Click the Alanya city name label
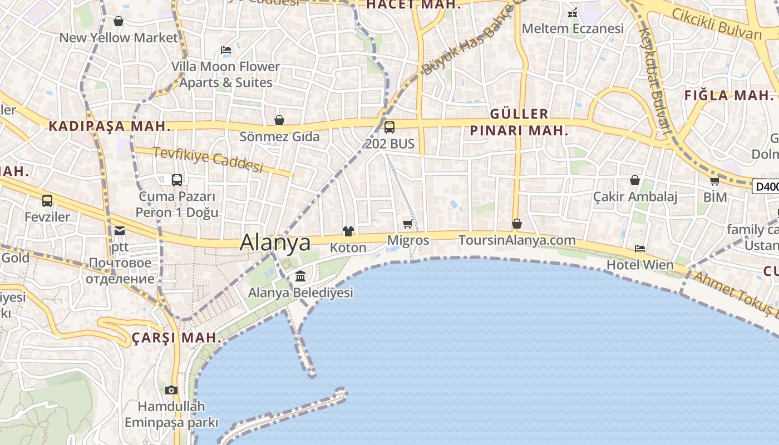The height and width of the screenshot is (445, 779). click(x=275, y=243)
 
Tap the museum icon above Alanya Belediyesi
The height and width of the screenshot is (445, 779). click(x=300, y=276)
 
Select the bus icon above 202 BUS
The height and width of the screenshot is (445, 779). click(x=389, y=127)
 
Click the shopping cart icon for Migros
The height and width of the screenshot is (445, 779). click(x=408, y=224)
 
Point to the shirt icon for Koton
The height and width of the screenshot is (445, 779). click(x=348, y=231)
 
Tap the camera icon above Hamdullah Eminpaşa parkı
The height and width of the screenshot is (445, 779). click(x=171, y=390)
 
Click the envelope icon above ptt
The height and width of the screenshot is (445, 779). click(x=120, y=230)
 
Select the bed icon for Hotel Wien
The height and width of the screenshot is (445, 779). click(x=640, y=249)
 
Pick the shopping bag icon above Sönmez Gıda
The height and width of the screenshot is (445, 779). click(x=279, y=120)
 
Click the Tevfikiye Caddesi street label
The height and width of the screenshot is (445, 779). click(x=208, y=160)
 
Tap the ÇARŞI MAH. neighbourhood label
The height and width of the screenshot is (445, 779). click(x=176, y=338)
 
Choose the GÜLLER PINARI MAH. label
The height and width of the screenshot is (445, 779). click(x=520, y=122)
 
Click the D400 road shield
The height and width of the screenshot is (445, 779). click(x=766, y=187)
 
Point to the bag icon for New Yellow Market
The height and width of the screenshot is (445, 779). click(x=118, y=21)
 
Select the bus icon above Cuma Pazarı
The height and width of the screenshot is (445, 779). click(x=177, y=180)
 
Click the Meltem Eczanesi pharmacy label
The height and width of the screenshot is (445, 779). click(x=573, y=28)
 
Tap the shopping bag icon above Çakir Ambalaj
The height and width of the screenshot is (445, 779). click(x=634, y=180)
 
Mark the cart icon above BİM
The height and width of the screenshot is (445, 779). click(x=715, y=181)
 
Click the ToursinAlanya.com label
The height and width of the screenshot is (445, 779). click(x=517, y=240)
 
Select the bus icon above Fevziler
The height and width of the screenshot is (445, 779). click(x=47, y=200)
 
